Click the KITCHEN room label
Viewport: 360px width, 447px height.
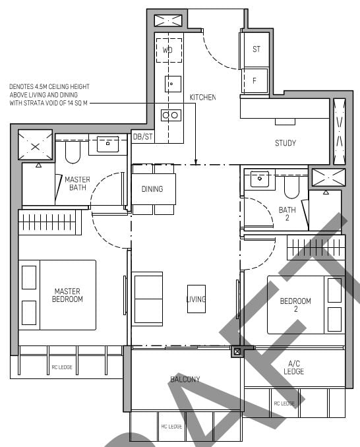click(x=202, y=98)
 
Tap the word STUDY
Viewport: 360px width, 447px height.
click(x=285, y=143)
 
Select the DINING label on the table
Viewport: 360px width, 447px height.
click(x=152, y=189)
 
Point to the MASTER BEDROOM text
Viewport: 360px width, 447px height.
click(x=68, y=295)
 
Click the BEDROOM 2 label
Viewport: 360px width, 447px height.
click(x=295, y=305)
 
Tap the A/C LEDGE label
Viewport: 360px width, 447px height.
click(x=294, y=367)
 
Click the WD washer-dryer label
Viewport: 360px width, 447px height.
click(x=167, y=49)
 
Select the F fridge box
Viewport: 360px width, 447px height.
click(x=256, y=80)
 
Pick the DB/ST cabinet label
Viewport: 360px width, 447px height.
click(x=142, y=136)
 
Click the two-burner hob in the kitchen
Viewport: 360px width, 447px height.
click(x=170, y=115)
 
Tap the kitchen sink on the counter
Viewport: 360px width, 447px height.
click(x=172, y=84)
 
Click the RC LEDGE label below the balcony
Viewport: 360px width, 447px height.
click(x=171, y=427)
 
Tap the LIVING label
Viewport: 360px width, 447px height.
click(x=196, y=299)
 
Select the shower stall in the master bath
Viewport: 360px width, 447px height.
click(x=32, y=144)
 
